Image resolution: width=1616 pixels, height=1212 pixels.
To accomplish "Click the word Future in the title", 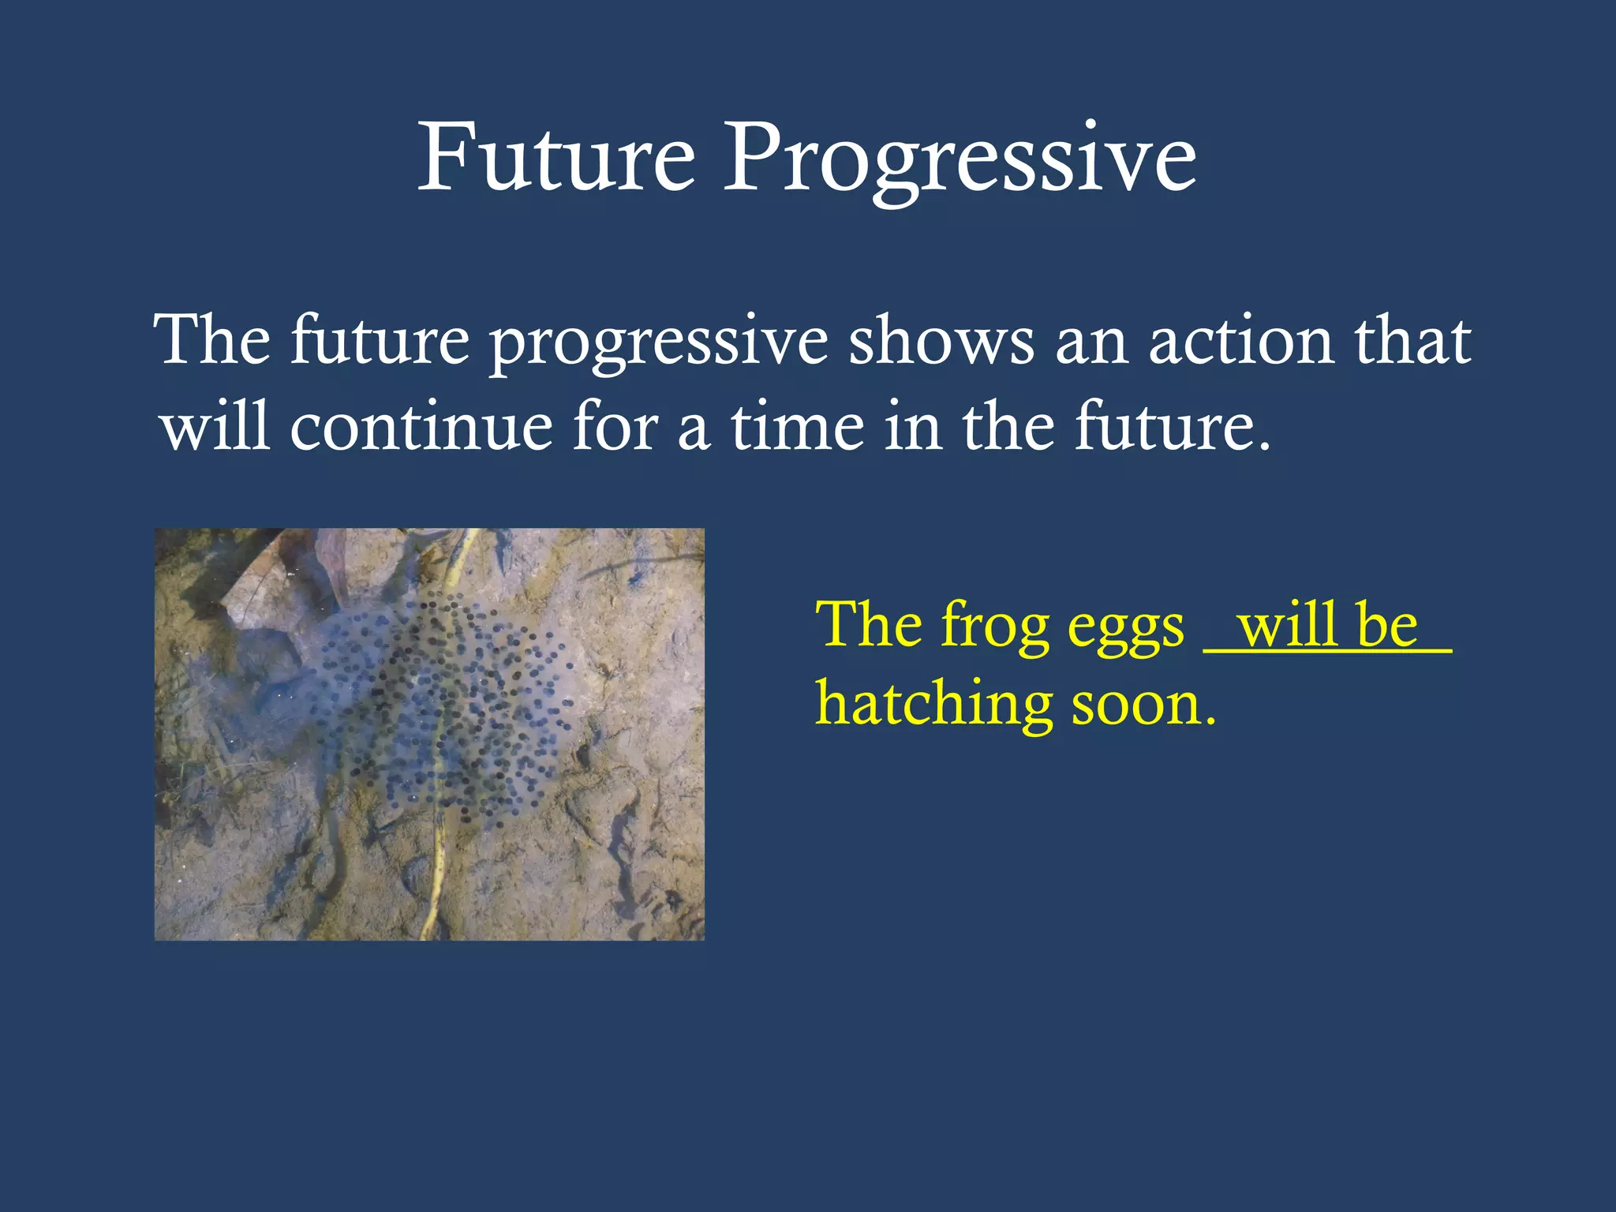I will [556, 158].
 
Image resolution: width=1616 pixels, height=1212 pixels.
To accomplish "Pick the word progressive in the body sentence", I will [658, 347].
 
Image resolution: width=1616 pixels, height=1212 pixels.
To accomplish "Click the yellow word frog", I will [994, 627].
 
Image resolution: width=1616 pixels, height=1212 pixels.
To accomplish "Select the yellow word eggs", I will [1125, 631].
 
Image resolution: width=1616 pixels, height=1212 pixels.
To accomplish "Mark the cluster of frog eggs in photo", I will [442, 702].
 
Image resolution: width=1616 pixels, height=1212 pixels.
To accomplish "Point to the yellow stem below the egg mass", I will [434, 876].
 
